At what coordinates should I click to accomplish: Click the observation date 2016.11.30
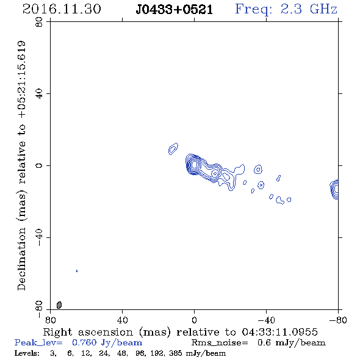coord(62,9)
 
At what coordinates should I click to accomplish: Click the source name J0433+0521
coord(174,10)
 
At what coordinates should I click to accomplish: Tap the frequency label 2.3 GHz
coord(309,9)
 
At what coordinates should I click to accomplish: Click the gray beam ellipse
coord(59,305)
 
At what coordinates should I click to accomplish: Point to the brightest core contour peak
coord(194,164)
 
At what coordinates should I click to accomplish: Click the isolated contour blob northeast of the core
coord(173,148)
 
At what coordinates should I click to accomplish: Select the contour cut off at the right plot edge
coord(334,189)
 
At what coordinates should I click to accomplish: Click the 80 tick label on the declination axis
coord(39,22)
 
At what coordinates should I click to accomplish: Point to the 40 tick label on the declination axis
coord(39,94)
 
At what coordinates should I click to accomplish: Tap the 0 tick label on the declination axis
coord(39,165)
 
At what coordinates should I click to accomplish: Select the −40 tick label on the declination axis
coord(39,237)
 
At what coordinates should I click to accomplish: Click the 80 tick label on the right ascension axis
coord(50,320)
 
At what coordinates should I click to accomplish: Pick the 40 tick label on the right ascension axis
coord(122,320)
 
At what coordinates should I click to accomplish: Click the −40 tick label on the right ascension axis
coord(266,320)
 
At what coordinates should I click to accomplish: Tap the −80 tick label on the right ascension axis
coord(338,320)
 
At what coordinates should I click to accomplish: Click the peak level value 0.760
coord(84,342)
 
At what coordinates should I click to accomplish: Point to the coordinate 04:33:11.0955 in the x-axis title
coord(279,332)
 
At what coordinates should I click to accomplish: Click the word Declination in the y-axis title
coord(21,259)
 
